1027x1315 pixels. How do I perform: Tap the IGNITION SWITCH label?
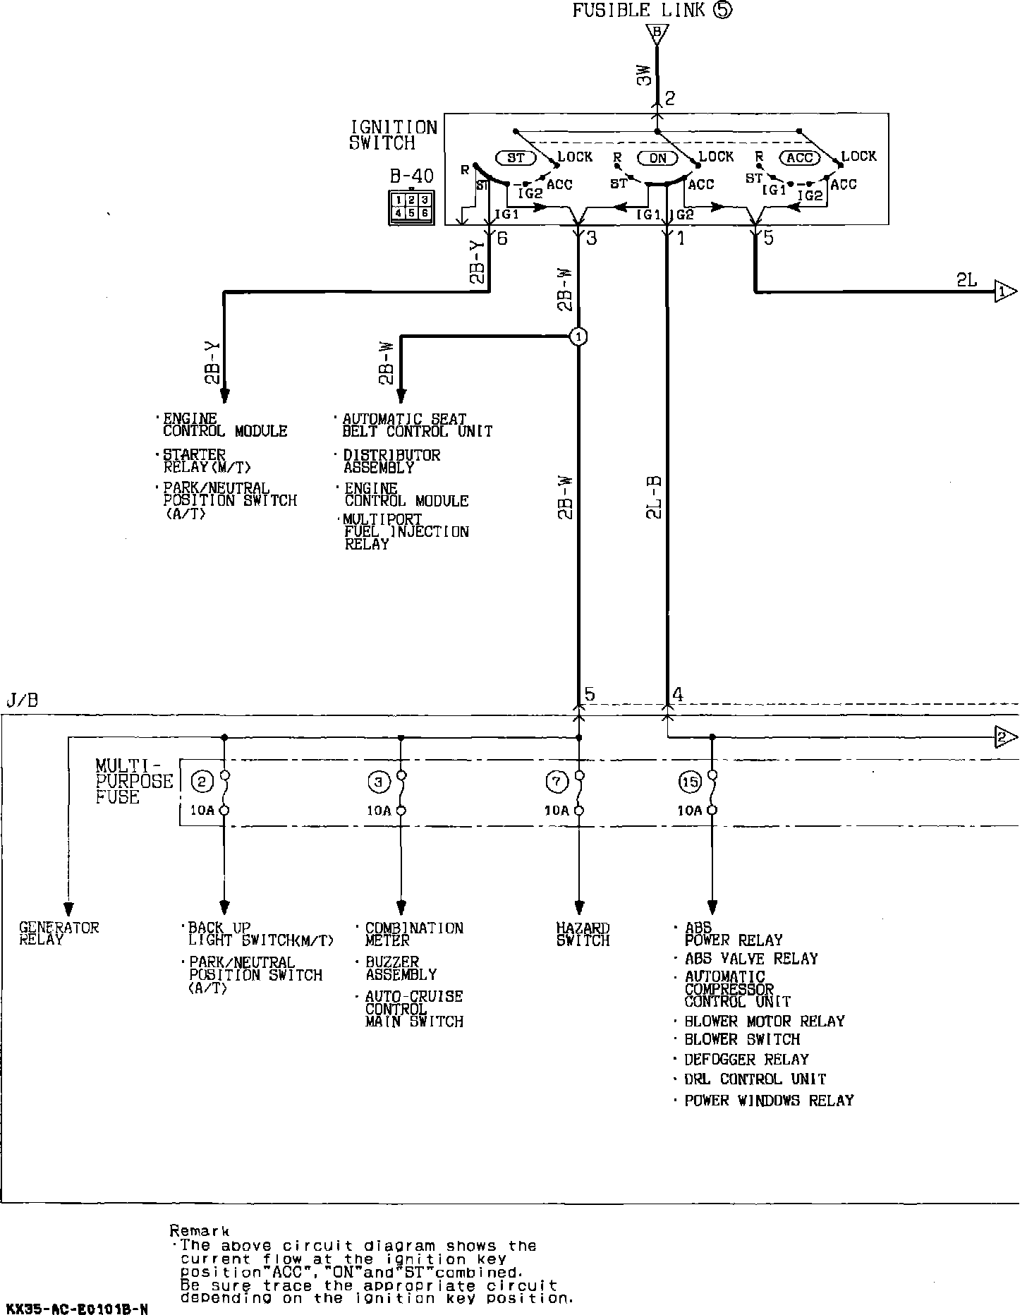coord(394,135)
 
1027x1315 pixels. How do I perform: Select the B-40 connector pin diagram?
coord(411,207)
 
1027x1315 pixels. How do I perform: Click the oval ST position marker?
coord(516,157)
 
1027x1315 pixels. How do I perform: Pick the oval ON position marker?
coord(657,157)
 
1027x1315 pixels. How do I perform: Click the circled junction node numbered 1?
coord(578,337)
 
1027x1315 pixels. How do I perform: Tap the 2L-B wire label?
coord(654,497)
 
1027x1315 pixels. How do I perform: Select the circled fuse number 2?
coord(202,781)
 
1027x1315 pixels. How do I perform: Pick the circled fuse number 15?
coord(689,782)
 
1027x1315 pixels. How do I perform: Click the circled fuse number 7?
coord(556,781)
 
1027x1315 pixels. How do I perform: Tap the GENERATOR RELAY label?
coord(59,933)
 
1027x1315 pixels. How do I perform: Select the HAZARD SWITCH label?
coord(583,934)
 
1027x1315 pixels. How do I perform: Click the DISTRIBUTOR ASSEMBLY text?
coord(391,461)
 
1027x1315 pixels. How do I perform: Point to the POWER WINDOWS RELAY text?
coord(769,1100)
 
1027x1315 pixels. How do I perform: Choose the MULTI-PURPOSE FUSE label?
coord(134,781)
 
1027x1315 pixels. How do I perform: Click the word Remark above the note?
coord(200,1230)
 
